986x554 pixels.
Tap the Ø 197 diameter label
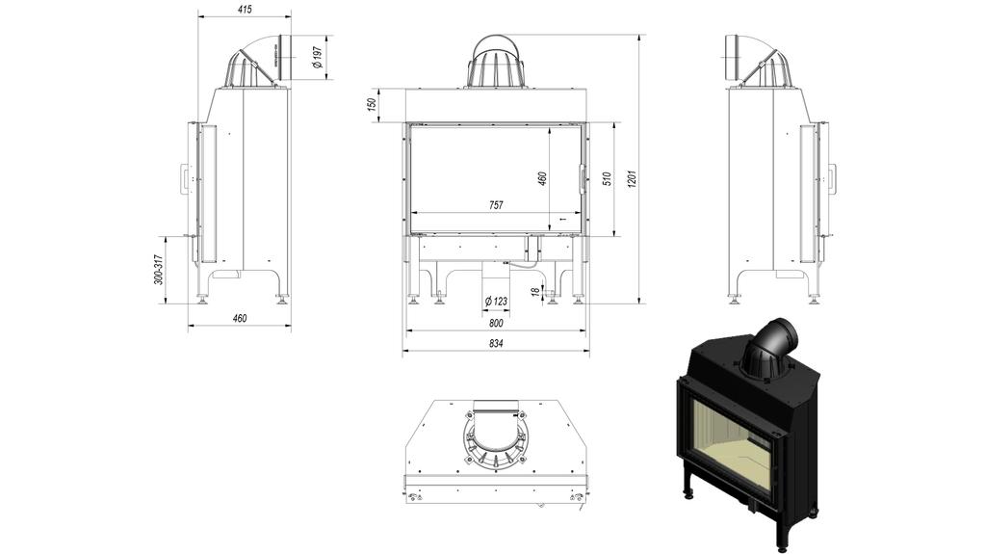click(318, 60)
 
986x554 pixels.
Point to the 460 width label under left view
click(240, 318)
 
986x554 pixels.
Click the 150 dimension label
click(372, 105)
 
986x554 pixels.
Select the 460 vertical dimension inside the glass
click(542, 179)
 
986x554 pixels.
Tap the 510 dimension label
click(607, 179)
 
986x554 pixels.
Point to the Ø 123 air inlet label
click(495, 301)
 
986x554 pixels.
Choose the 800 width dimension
click(495, 324)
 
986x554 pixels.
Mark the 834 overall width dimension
click(495, 343)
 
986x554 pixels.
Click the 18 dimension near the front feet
click(535, 291)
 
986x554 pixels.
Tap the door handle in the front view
click(581, 179)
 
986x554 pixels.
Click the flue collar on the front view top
click(495, 63)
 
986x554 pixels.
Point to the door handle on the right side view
click(832, 178)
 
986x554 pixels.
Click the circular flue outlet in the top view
click(496, 440)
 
